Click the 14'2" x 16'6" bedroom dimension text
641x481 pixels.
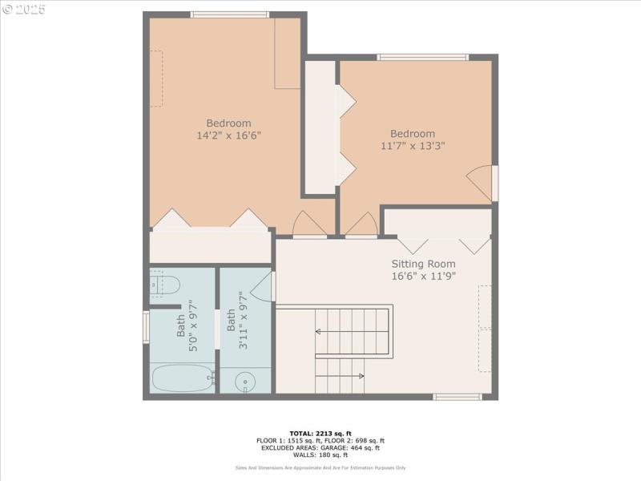point(228,135)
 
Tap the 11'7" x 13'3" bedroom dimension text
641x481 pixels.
point(413,146)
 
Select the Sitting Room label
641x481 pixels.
point(423,264)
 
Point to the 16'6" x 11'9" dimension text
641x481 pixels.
point(423,277)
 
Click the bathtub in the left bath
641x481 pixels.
point(182,378)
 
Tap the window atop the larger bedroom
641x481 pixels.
point(230,14)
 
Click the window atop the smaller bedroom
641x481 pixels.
point(422,57)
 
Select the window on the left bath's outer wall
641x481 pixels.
point(146,327)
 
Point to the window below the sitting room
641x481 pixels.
point(457,396)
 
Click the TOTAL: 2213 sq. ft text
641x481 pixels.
point(320,434)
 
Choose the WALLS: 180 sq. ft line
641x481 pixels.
point(320,455)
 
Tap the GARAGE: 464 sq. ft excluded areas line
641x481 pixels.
point(320,448)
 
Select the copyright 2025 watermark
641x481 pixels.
point(24,10)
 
